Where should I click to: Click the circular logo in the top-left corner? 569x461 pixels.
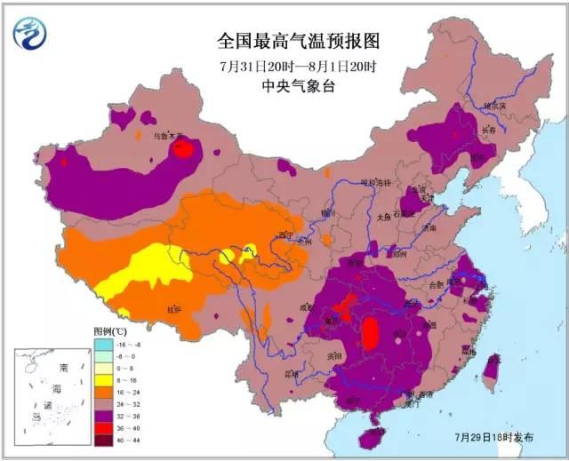30,33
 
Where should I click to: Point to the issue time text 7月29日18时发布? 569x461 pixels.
494,438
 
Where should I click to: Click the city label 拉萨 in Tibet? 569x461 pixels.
174,308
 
